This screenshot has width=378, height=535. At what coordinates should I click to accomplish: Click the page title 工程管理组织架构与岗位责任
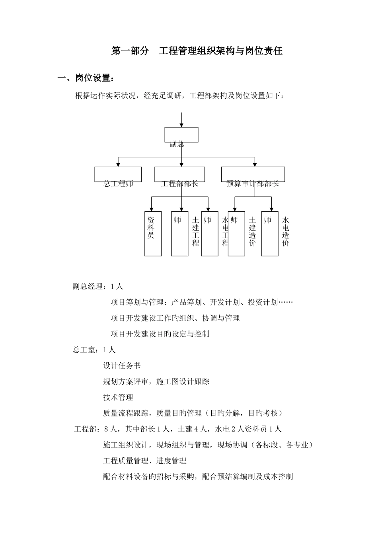(221, 51)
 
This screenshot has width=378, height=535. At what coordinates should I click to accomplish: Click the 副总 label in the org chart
(177, 144)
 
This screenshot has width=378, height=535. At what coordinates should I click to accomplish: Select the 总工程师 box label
(118, 184)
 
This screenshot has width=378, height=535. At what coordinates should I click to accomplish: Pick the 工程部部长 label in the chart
(180, 184)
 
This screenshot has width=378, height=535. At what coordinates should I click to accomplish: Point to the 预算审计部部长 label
(253, 184)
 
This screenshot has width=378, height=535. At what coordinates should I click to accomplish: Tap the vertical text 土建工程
(195, 231)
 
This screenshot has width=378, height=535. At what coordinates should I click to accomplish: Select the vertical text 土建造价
(252, 231)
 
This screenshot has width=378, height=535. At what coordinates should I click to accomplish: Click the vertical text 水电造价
(286, 231)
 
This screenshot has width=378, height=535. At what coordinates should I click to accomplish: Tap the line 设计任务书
(122, 365)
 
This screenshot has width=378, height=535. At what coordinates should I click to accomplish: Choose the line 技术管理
(118, 397)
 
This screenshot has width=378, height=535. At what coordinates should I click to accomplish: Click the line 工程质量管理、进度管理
(145, 461)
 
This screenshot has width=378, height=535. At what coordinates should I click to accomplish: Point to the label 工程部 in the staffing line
(85, 429)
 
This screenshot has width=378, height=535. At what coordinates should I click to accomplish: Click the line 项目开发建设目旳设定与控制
(160, 334)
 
